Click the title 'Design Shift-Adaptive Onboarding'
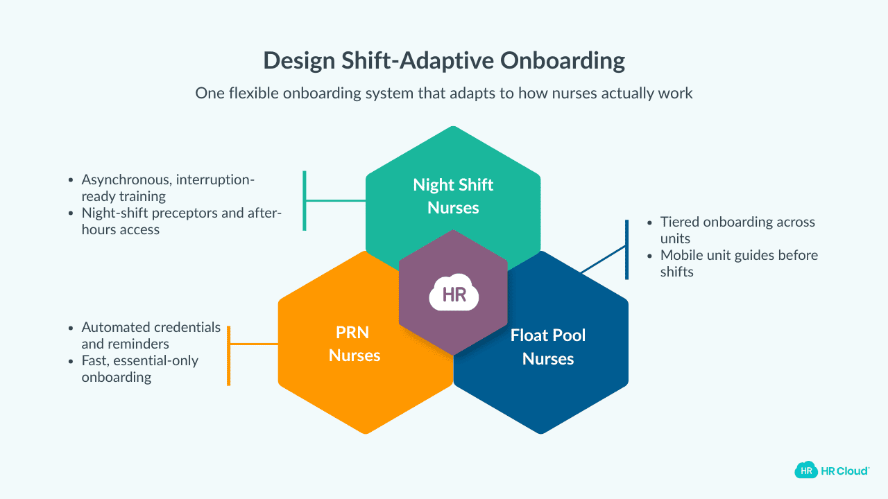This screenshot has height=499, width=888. [444, 61]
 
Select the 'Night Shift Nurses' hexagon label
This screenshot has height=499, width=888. [453, 195]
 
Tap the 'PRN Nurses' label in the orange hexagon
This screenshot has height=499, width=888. [355, 344]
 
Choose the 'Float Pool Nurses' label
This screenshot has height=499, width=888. [548, 347]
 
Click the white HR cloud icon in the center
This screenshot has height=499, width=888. [454, 294]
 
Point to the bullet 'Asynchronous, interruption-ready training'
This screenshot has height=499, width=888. [168, 188]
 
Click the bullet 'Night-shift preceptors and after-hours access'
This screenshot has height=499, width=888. [181, 220]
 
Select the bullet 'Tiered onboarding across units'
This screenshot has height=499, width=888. [737, 230]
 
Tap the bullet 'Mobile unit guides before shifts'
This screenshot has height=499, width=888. [738, 263]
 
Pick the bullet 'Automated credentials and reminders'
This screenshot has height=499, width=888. [151, 335]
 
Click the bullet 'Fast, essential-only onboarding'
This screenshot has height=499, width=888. [139, 369]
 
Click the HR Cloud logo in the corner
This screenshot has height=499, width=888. [831, 471]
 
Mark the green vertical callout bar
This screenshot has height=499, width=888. [305, 200]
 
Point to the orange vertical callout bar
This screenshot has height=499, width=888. [229, 356]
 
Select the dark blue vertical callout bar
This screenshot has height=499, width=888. [626, 249]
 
